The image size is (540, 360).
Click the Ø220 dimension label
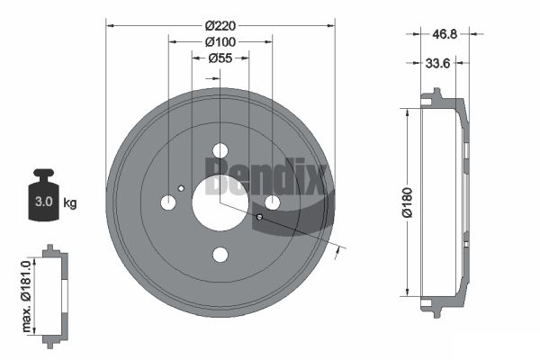pos(220,25)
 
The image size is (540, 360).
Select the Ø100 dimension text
pos(220,42)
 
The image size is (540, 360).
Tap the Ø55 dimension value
pos(220,58)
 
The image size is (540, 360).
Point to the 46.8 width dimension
pos(445,34)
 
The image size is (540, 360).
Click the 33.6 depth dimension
pos(437,63)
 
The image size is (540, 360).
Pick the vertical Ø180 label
pos(407,202)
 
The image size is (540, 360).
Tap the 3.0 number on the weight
pos(44,202)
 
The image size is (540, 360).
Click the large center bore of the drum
pos(220,202)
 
